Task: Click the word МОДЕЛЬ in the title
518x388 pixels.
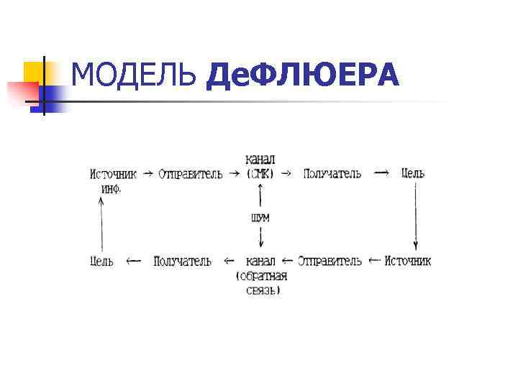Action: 135,75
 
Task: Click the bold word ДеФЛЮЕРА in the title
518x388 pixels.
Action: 302,75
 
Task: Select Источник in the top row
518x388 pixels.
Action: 113,174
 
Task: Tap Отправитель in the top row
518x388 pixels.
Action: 191,175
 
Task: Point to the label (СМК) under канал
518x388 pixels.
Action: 260,174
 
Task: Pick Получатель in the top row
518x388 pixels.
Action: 332,174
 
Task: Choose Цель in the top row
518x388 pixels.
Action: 413,173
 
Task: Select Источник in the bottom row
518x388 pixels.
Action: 408,261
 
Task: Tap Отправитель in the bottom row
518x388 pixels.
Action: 330,261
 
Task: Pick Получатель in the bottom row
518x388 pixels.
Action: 182,261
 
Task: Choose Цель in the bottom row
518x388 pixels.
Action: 101,261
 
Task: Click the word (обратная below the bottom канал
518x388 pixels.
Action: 261,276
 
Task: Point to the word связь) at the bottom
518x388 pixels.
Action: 263,291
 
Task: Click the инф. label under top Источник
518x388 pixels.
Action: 111,189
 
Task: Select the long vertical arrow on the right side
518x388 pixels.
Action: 415,216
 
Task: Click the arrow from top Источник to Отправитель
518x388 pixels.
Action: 147,174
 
